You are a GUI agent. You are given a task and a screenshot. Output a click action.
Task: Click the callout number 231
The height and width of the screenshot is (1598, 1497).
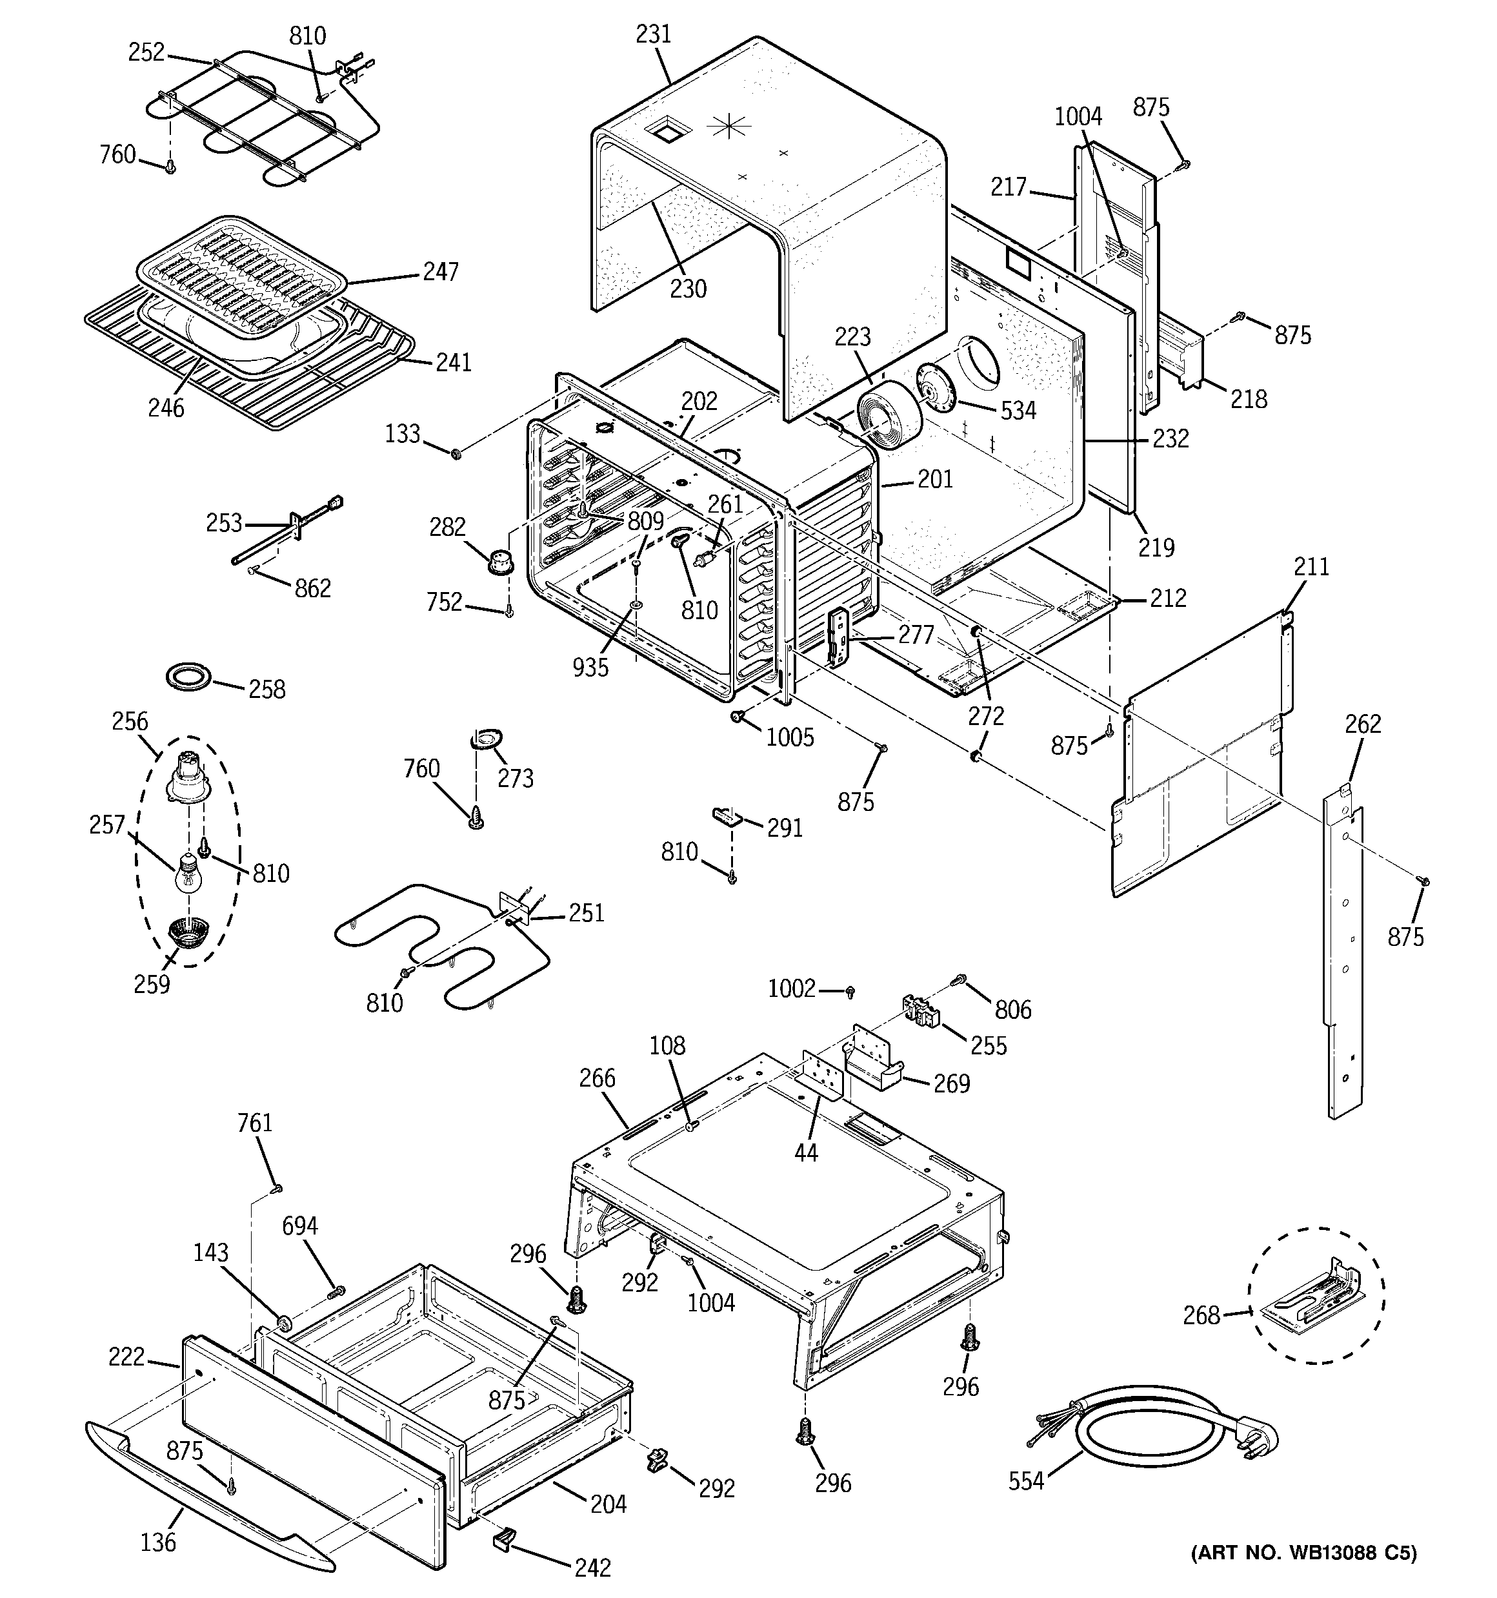[x=652, y=35]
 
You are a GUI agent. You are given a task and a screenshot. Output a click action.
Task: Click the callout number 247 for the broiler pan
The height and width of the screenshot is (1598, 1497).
[x=441, y=272]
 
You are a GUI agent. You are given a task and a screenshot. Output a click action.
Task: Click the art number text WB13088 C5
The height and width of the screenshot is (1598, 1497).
[x=1303, y=1575]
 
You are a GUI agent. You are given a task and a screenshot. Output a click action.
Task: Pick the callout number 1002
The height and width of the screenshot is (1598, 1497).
[x=792, y=989]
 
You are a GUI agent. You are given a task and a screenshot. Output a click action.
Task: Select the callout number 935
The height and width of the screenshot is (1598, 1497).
[x=590, y=667]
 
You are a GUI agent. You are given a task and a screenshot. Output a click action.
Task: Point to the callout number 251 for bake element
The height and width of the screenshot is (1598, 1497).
[x=586, y=913]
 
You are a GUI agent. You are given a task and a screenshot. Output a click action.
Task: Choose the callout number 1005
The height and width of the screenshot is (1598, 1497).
[x=790, y=737]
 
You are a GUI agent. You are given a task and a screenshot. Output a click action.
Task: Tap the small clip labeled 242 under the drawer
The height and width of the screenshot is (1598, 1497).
[x=504, y=1539]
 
